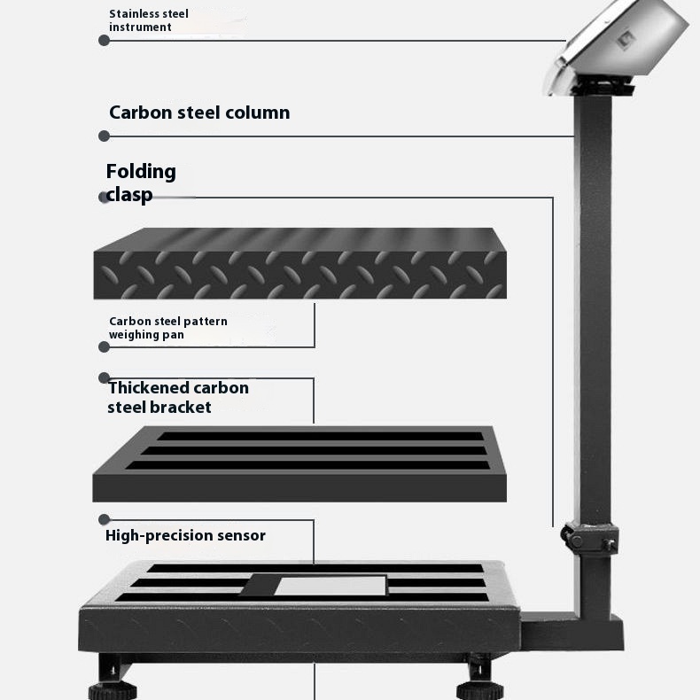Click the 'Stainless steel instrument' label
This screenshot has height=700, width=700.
(149, 20)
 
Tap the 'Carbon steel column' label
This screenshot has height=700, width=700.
(199, 113)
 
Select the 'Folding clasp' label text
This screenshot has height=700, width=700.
(141, 183)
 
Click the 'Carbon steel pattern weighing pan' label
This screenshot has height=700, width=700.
(167, 328)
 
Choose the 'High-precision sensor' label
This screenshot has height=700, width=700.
(185, 535)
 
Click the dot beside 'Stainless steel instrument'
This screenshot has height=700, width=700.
(104, 41)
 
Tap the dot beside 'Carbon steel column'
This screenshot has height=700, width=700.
(104, 136)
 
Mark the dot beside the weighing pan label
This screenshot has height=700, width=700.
(104, 346)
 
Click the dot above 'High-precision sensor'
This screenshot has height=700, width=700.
(104, 519)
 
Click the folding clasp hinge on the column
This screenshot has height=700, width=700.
(590, 538)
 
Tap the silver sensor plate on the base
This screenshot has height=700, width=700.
(331, 586)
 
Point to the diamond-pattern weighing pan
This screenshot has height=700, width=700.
(300, 263)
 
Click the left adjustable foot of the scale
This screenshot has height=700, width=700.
(112, 683)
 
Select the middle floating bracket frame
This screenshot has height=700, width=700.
(299, 464)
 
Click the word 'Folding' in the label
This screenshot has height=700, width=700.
(141, 172)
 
